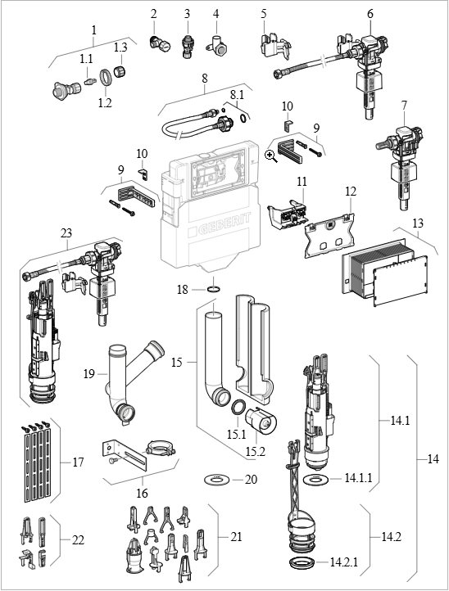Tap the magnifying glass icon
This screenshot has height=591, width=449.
tap(271, 156)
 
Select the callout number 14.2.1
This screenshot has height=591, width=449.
tap(343, 562)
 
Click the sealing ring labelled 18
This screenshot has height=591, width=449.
tap(212, 290)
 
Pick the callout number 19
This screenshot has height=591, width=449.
tap(89, 374)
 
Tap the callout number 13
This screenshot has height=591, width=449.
tap(418, 223)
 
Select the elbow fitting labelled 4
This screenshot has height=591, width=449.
tap(216, 45)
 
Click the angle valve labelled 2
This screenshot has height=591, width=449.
tap(159, 43)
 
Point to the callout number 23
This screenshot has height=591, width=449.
tap(66, 233)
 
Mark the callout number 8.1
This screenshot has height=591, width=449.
tap(238, 94)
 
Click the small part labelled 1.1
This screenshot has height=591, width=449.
tap(89, 81)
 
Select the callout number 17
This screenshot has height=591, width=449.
tap(78, 462)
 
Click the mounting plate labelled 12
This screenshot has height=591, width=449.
tap(329, 235)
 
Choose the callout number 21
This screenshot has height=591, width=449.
tap(236, 536)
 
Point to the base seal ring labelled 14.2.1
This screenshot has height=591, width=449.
tap(302, 563)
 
